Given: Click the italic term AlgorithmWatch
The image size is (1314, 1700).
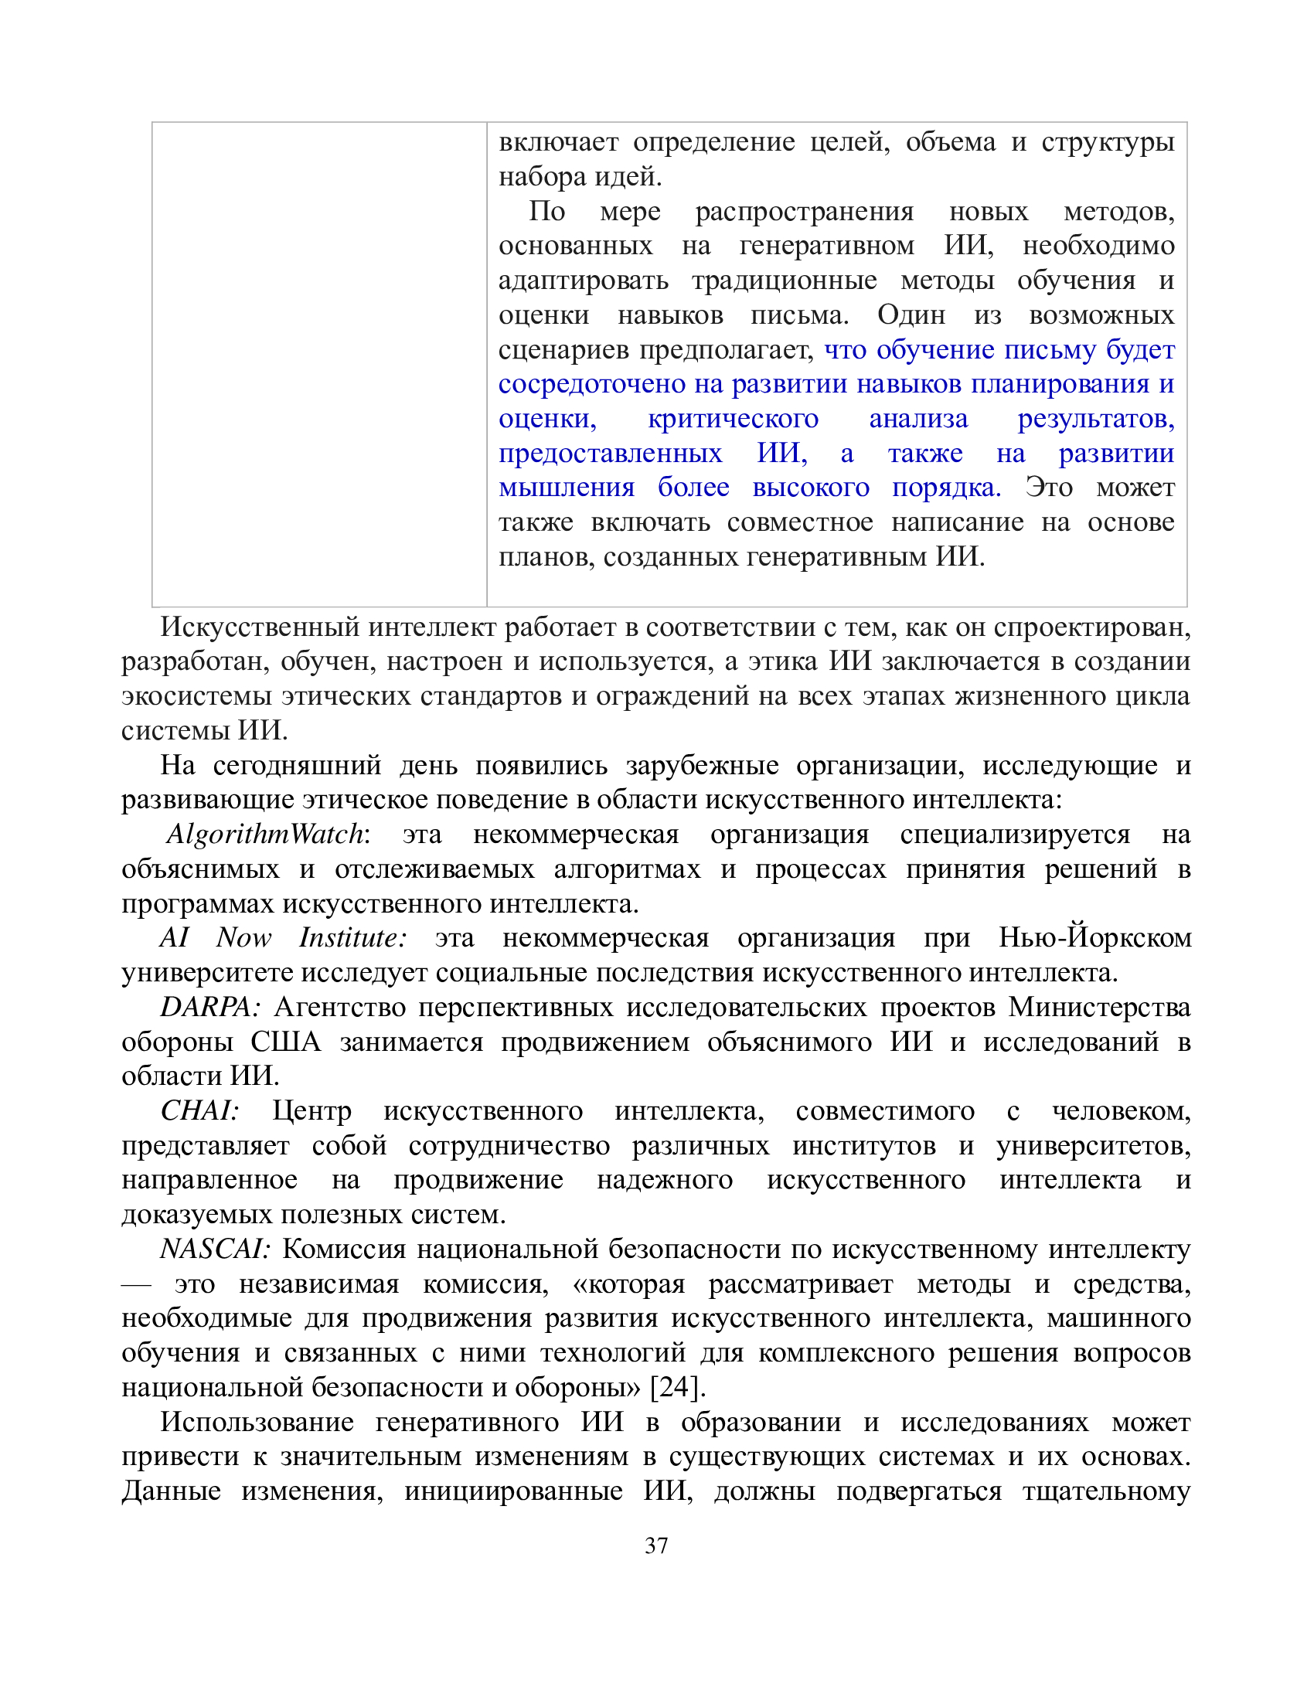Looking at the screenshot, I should tap(264, 834).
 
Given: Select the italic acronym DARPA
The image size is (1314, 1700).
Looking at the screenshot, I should tap(207, 1007).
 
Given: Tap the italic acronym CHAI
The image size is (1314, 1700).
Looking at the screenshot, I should tap(198, 1110).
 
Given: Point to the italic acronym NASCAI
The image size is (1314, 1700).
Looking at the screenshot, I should tap(214, 1249).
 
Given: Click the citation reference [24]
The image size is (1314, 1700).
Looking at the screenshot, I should tap(677, 1387).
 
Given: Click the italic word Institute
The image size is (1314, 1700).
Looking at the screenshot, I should tap(352, 937).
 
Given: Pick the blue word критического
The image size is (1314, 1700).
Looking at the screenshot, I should tap(733, 419).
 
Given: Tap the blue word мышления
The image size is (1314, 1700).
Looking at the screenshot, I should tap(566, 488).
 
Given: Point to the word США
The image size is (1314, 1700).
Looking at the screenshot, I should tap(285, 1042).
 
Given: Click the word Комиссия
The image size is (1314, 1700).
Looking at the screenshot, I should tap(343, 1249).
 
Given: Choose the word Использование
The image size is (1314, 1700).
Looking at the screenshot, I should tap(257, 1422).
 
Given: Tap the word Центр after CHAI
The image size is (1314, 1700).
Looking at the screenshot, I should tap(311, 1110).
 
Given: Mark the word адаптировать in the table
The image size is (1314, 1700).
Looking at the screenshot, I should tap(583, 280).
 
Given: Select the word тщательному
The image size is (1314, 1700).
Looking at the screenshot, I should tap(1106, 1491).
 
